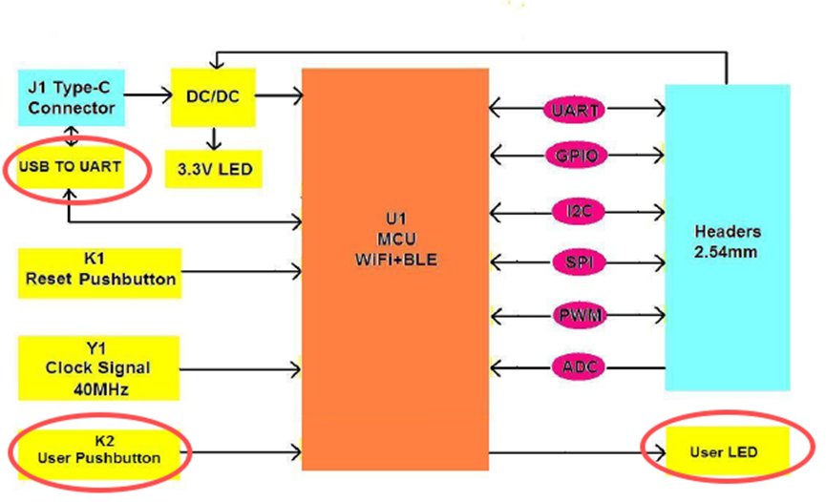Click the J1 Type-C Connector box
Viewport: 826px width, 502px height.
tap(71, 97)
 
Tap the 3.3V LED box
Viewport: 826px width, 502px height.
tap(213, 169)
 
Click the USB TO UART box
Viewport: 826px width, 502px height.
tap(70, 166)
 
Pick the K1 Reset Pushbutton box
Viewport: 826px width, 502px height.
tap(98, 271)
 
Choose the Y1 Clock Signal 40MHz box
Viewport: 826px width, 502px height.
tap(98, 367)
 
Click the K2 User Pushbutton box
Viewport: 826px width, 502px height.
tap(98, 450)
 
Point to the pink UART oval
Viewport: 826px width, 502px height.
tap(576, 110)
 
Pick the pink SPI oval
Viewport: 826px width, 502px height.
tap(576, 261)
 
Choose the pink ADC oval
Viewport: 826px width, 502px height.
tap(576, 366)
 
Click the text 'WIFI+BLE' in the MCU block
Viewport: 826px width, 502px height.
tap(394, 259)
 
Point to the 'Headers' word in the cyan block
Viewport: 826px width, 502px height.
tap(728, 232)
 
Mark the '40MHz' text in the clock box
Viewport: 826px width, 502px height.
tap(98, 387)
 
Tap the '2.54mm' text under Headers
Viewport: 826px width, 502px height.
tap(728, 252)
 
